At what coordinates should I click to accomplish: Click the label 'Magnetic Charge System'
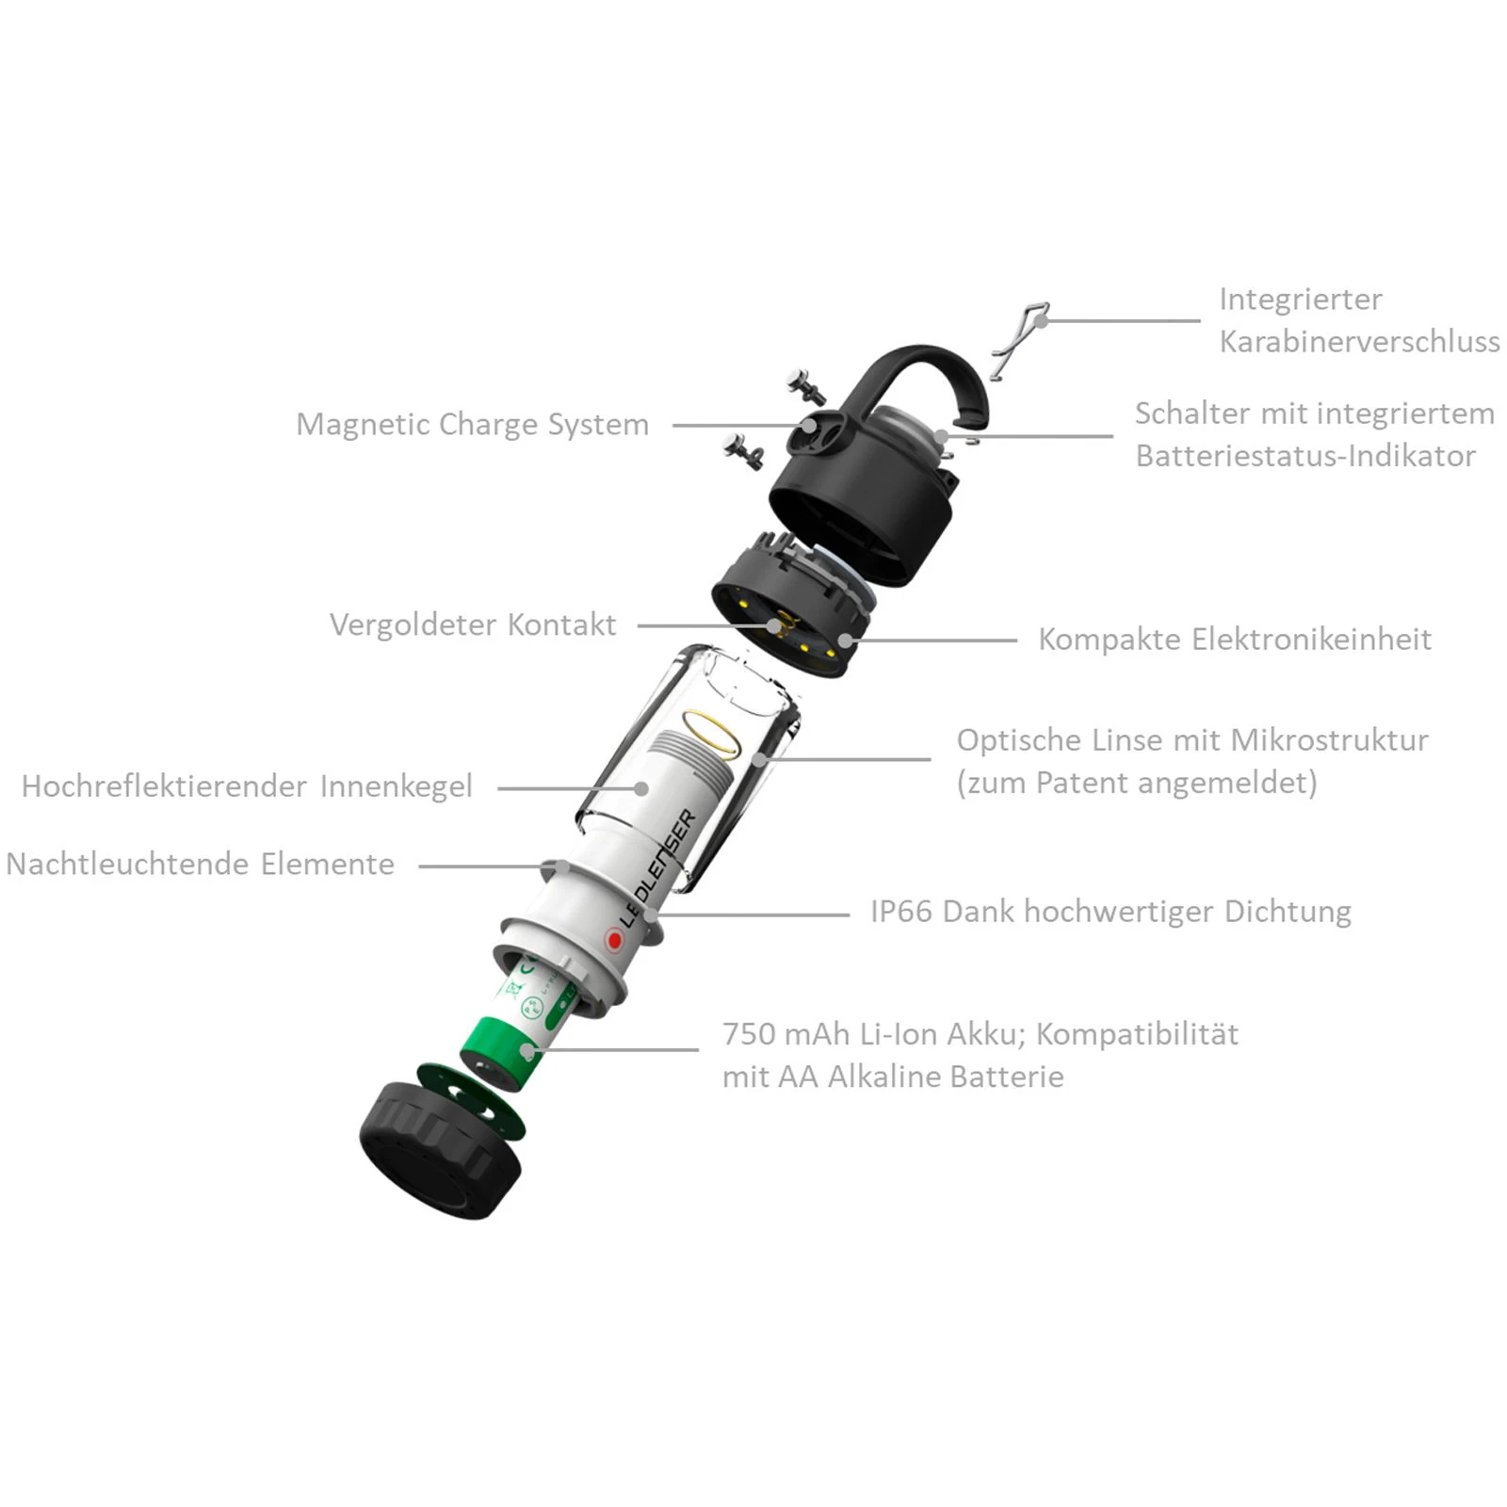(x=472, y=425)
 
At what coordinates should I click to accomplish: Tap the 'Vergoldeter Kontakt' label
(x=473, y=624)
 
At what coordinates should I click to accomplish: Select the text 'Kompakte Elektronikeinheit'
(x=1235, y=640)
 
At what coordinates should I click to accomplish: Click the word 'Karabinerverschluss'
(x=1359, y=341)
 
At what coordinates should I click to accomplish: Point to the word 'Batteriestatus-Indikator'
(x=1305, y=456)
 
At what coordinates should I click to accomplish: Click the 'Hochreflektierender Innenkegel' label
(x=247, y=786)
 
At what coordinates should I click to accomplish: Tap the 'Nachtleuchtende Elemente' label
(x=200, y=864)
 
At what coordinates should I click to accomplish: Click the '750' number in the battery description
(x=748, y=1034)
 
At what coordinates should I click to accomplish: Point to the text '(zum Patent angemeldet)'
(x=1137, y=783)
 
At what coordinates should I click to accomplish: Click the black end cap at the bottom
(x=440, y=1151)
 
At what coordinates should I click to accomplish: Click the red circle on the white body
(x=614, y=939)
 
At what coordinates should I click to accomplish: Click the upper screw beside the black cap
(x=807, y=386)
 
